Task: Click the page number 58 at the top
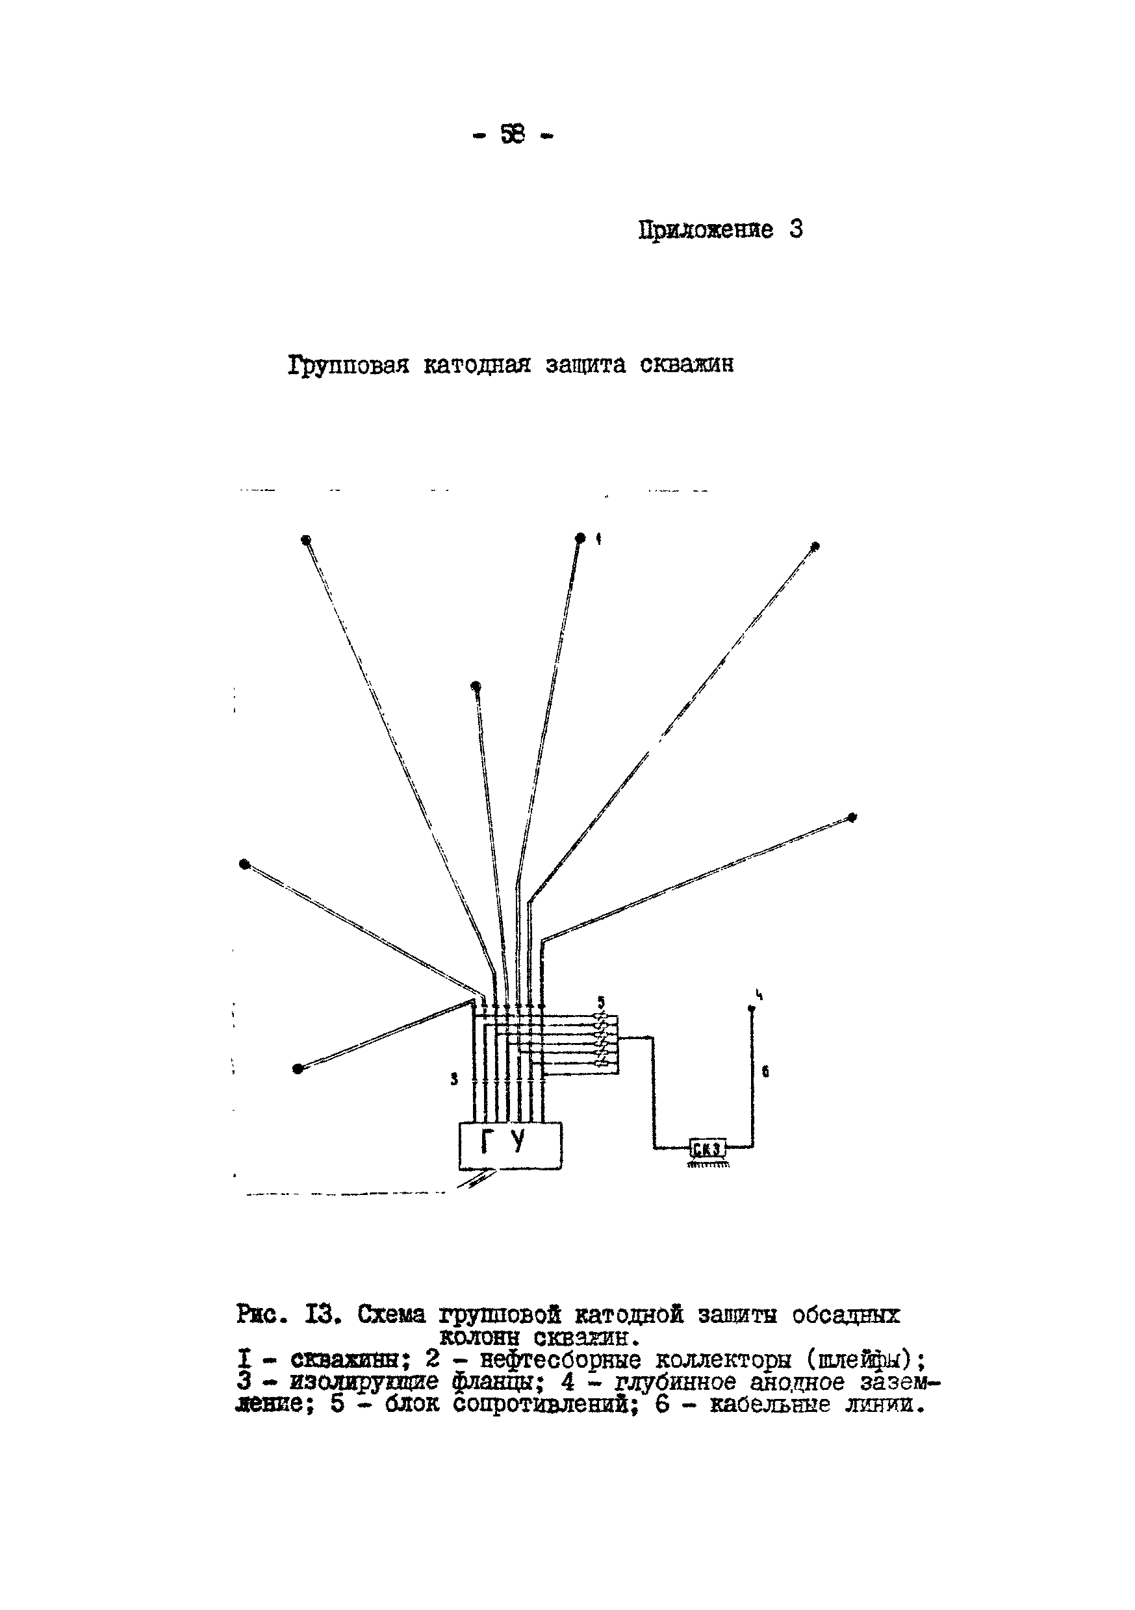tap(513, 133)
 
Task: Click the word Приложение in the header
tap(706, 230)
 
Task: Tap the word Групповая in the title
tap(348, 366)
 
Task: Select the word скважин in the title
tap(687, 366)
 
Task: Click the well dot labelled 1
tap(580, 538)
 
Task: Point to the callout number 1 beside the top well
tap(598, 538)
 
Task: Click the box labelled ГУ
tap(510, 1145)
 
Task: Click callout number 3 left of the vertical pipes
tap(454, 1080)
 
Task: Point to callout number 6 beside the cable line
tap(765, 1072)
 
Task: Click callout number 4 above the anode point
tap(759, 994)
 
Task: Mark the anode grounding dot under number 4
tap(751, 1009)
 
